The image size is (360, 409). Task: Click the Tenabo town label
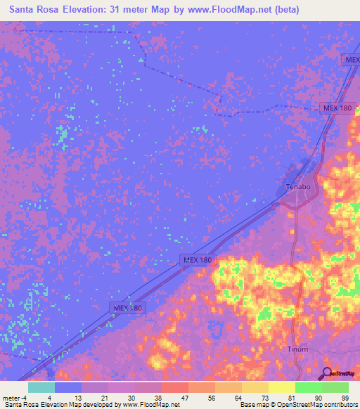[x=297, y=187]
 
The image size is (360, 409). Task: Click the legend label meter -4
[x=14, y=398]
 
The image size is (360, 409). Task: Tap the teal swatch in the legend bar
[x=41, y=387]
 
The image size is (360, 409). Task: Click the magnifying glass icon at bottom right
[x=327, y=373]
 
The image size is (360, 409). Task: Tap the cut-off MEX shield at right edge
[x=352, y=60]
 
